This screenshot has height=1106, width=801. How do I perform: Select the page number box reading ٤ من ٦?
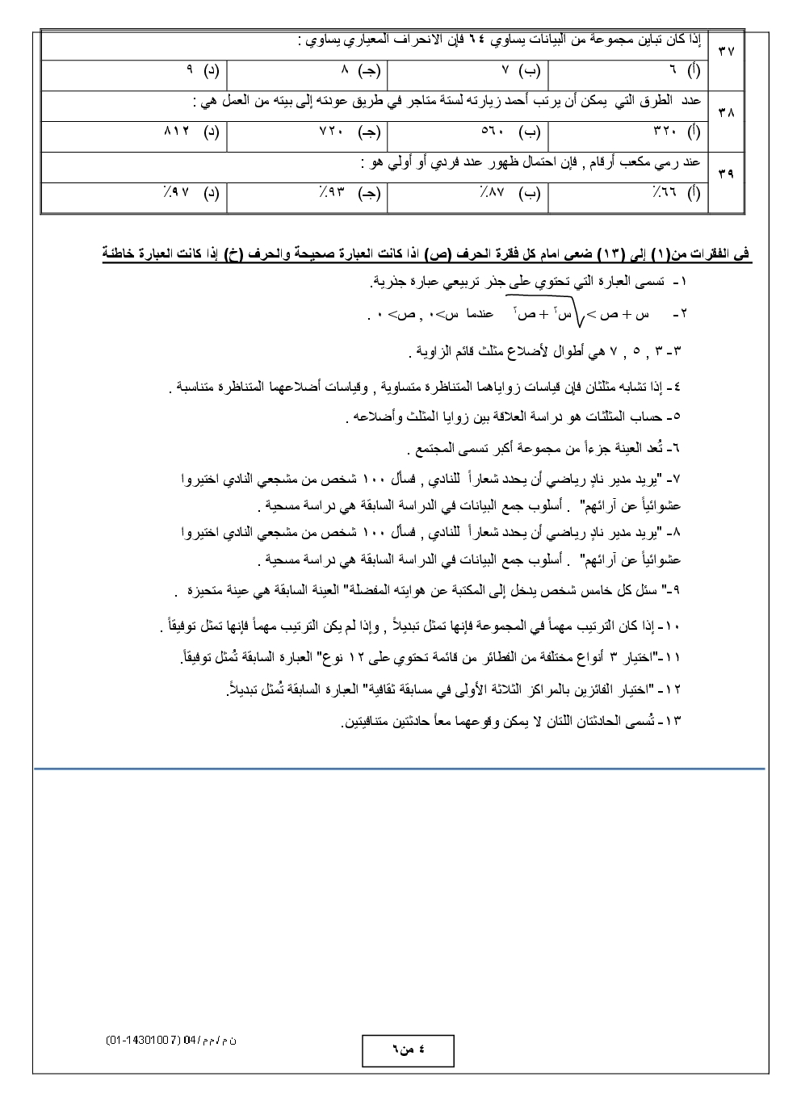pyautogui.click(x=407, y=1050)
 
